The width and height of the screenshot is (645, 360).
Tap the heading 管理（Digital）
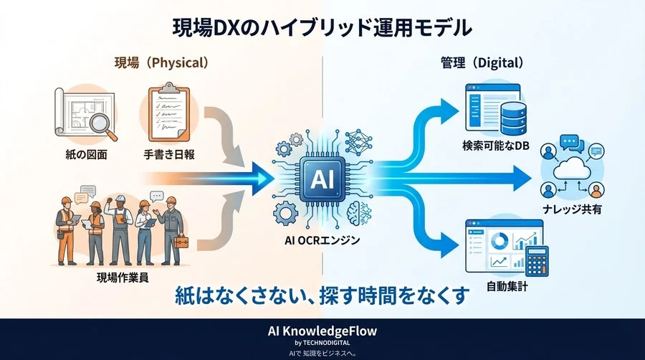[x=481, y=62]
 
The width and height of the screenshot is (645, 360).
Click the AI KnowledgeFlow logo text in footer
[x=322, y=331]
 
